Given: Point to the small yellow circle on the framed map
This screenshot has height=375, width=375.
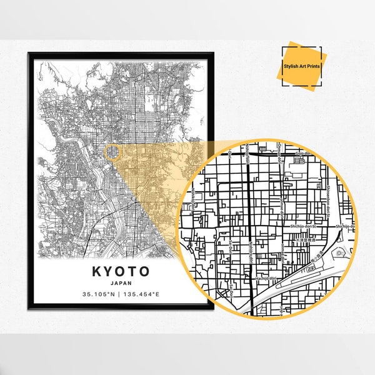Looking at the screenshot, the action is [112, 151].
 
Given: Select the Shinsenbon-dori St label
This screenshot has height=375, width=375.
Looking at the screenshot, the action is [327, 181].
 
